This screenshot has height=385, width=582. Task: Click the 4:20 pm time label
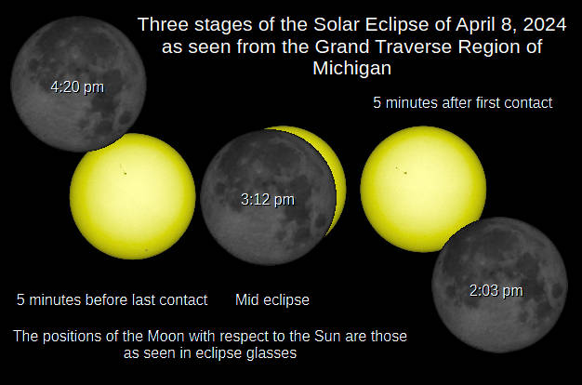(77, 86)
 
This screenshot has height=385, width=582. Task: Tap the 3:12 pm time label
(267, 198)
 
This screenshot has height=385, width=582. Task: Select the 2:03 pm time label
(496, 290)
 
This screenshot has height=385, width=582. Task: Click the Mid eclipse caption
(272, 300)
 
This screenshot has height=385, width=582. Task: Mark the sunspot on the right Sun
(403, 170)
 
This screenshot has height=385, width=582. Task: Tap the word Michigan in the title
(351, 69)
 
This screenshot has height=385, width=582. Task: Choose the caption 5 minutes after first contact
(462, 103)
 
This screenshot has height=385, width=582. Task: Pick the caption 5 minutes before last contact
(112, 300)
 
